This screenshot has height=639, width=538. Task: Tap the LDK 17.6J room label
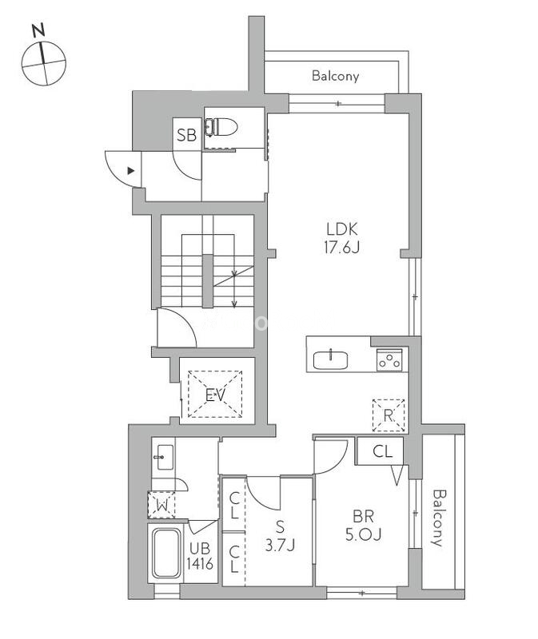point(342,238)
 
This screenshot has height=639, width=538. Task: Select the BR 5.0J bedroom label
point(363,526)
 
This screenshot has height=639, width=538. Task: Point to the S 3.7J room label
point(280,535)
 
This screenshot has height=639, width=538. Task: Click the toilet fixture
point(221,127)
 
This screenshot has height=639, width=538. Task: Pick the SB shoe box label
point(186,135)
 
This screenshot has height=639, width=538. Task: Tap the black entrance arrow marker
point(130,171)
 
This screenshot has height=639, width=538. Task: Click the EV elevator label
point(215,395)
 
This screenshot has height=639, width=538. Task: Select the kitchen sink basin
point(330,360)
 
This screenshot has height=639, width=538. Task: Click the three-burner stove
point(389,360)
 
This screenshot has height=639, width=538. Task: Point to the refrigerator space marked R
point(389,415)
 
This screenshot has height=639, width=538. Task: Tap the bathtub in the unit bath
point(166,554)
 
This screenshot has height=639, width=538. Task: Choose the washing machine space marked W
point(161,505)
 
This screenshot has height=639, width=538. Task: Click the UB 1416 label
point(200,555)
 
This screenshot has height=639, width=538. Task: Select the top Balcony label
point(335,76)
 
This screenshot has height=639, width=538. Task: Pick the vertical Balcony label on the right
point(439,518)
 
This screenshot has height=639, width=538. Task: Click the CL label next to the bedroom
point(383,451)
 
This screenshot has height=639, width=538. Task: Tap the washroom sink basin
point(165,457)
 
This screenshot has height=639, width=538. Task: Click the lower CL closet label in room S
point(233,559)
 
